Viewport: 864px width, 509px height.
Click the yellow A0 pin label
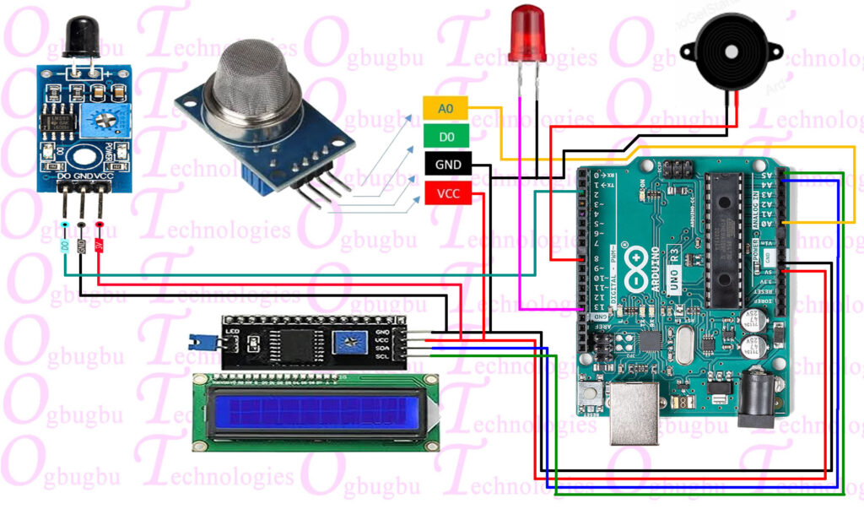coord(445,108)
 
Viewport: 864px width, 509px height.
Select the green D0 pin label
coord(445,136)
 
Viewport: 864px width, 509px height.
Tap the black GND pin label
coord(445,165)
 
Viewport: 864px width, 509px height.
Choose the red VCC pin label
coord(445,193)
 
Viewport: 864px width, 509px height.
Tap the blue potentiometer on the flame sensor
coord(105,120)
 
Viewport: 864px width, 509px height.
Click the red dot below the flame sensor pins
coord(100,225)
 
